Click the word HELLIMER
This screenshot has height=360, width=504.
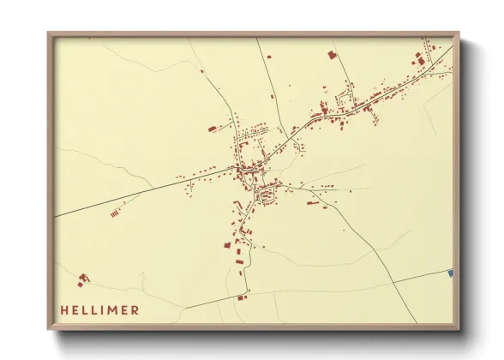coord(99,309)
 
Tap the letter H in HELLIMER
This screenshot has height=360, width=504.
coord(63,309)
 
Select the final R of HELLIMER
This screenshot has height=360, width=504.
coord(137,309)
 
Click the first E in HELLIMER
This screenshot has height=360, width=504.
coord(74,309)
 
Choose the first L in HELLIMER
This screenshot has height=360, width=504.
coord(84,309)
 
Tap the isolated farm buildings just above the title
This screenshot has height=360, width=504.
coord(82,279)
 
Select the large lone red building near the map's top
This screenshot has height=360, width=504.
coord(331,54)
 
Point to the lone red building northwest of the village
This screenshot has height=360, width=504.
coord(211,129)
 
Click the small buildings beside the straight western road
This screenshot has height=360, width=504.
coord(117,205)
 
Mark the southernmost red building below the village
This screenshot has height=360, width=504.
coord(241,297)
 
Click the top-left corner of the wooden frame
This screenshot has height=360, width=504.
coord(49,34)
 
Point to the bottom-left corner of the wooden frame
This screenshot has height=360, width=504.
coord(49,329)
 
